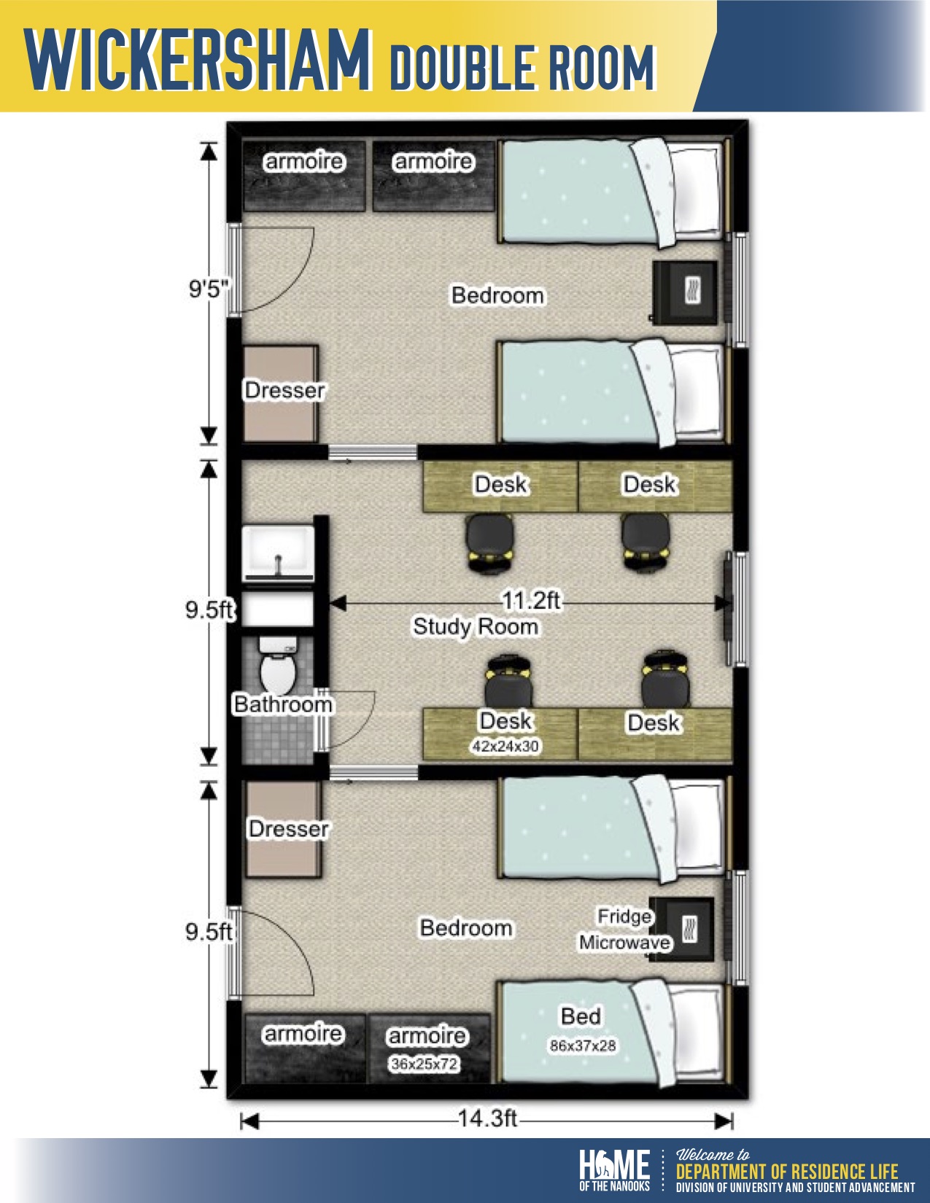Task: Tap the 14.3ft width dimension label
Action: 487,1118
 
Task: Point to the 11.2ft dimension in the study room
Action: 530,600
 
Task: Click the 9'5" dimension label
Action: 209,289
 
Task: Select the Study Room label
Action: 476,627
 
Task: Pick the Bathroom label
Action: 283,704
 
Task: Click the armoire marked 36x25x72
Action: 430,1048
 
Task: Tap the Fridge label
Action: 624,916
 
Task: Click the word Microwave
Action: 625,942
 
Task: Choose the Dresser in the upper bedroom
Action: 281,394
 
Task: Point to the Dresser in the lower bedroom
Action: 283,829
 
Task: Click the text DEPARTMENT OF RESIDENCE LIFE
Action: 787,1172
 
